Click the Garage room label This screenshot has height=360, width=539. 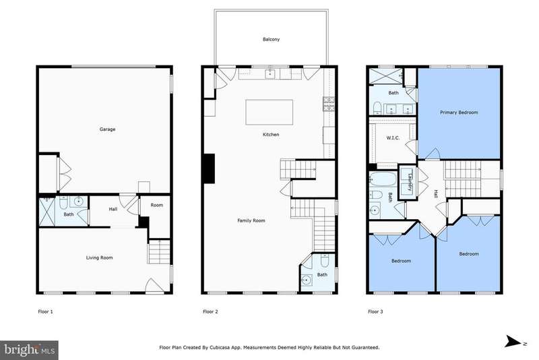coord(107,129)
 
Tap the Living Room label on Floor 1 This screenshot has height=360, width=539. coord(99,258)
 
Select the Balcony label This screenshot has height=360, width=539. coord(272,39)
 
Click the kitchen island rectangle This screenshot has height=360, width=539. coord(269,112)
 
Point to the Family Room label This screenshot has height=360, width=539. coord(251,220)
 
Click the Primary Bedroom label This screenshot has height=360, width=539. coord(459,113)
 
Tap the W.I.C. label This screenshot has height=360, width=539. coord(393,138)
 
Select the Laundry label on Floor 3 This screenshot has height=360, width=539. coord(410,181)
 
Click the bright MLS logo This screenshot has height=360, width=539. coord(29,350)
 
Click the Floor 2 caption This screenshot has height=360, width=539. coord(210,312)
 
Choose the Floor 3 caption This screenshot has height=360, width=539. coord(375,312)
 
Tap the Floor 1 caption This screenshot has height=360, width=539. coord(45,312)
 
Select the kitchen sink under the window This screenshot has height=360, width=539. coord(271,74)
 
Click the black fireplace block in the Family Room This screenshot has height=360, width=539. coord(210,169)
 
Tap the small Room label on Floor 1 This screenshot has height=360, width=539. coord(157,205)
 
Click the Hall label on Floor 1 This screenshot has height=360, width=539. coord(113,209)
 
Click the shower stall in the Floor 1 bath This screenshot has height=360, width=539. coord(47,212)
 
